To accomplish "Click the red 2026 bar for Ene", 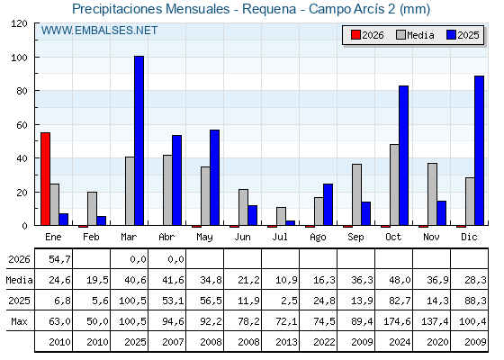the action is coord(45,179).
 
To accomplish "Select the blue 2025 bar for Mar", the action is coord(139,140).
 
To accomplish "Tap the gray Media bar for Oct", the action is coord(394,184).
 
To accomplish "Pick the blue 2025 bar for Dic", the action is coord(479,150).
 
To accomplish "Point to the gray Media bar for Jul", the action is coord(281,216).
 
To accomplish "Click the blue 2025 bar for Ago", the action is coord(328,204).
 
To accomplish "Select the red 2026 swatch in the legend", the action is coord(355,35).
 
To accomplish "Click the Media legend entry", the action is coord(415,35).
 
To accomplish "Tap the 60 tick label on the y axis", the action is coord(22,125).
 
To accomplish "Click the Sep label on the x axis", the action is coord(355,238).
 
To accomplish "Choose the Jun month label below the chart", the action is coord(242,238).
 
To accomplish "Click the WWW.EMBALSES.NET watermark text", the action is coord(99,31).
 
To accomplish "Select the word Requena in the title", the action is coord(269,9).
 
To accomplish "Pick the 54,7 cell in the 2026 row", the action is coord(59,259).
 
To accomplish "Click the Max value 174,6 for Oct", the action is coord(397,321).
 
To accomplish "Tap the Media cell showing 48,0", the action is coord(400,280).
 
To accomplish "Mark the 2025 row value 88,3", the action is coord(476,301).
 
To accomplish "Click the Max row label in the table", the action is coord(19,321).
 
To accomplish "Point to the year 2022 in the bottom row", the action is coord(324,342).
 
